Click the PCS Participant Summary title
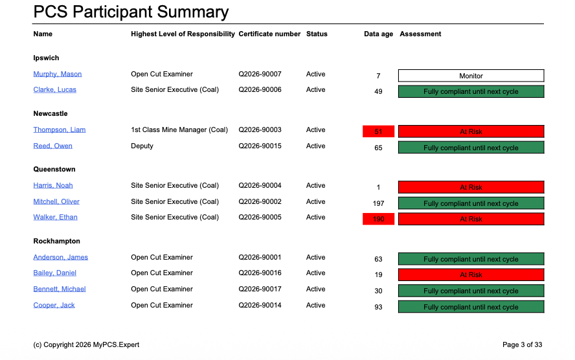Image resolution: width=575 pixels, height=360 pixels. click(131, 12)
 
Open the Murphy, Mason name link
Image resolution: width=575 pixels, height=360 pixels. click(58, 74)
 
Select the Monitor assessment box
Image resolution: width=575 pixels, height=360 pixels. click(471, 76)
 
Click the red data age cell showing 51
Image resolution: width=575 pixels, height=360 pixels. click(379, 132)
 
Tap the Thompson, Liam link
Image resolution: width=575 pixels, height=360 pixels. click(60, 130)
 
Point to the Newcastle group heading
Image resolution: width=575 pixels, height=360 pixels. click(51, 114)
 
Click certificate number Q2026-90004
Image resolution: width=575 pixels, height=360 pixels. click(260, 186)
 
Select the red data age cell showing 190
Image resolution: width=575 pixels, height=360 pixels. click(379, 219)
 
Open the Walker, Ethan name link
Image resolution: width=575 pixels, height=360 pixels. click(56, 218)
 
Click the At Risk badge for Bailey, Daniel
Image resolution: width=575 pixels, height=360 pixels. click(471, 275)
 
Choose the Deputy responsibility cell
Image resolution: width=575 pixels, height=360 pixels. click(142, 146)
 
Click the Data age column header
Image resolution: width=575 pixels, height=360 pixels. click(378, 34)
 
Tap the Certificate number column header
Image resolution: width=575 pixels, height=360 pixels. click(269, 34)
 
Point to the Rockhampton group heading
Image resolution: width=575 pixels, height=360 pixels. click(57, 242)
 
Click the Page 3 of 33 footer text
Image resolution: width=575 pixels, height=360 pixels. click(522, 345)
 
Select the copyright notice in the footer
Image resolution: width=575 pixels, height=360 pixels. click(86, 345)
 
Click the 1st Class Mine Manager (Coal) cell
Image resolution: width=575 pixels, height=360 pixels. click(179, 130)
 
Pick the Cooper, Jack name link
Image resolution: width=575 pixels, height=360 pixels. click(54, 306)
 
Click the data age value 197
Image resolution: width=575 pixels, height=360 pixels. click(379, 203)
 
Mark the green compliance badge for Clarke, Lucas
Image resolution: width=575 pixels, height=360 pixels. click(471, 92)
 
